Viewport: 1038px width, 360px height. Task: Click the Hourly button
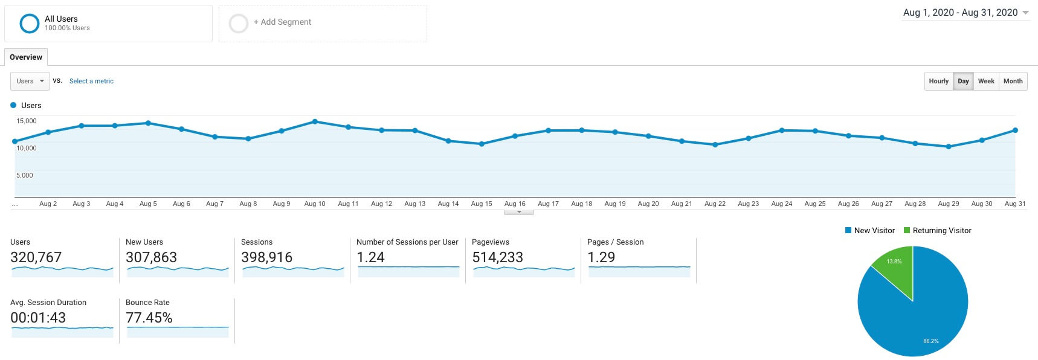938,81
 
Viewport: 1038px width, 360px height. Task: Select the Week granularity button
986,81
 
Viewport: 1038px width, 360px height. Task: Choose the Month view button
1013,81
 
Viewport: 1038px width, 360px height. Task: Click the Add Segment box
323,23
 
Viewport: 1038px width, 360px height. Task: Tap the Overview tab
26,57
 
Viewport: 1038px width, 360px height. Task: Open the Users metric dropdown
30,81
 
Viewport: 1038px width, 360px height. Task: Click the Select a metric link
91,81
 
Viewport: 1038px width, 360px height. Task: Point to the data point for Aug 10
315,121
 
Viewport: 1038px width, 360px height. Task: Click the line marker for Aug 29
949,146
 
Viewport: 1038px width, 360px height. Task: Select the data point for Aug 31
1015,130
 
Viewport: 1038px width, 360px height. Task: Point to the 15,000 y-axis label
27,121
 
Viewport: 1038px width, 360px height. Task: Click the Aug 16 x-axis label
515,204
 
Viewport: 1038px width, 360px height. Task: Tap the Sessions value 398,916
266,257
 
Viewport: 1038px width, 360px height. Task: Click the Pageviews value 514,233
497,257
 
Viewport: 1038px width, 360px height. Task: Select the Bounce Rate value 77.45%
149,318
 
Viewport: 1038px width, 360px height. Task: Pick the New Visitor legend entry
869,230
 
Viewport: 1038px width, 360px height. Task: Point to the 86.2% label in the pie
930,341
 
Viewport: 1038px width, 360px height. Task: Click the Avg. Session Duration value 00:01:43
38,318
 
